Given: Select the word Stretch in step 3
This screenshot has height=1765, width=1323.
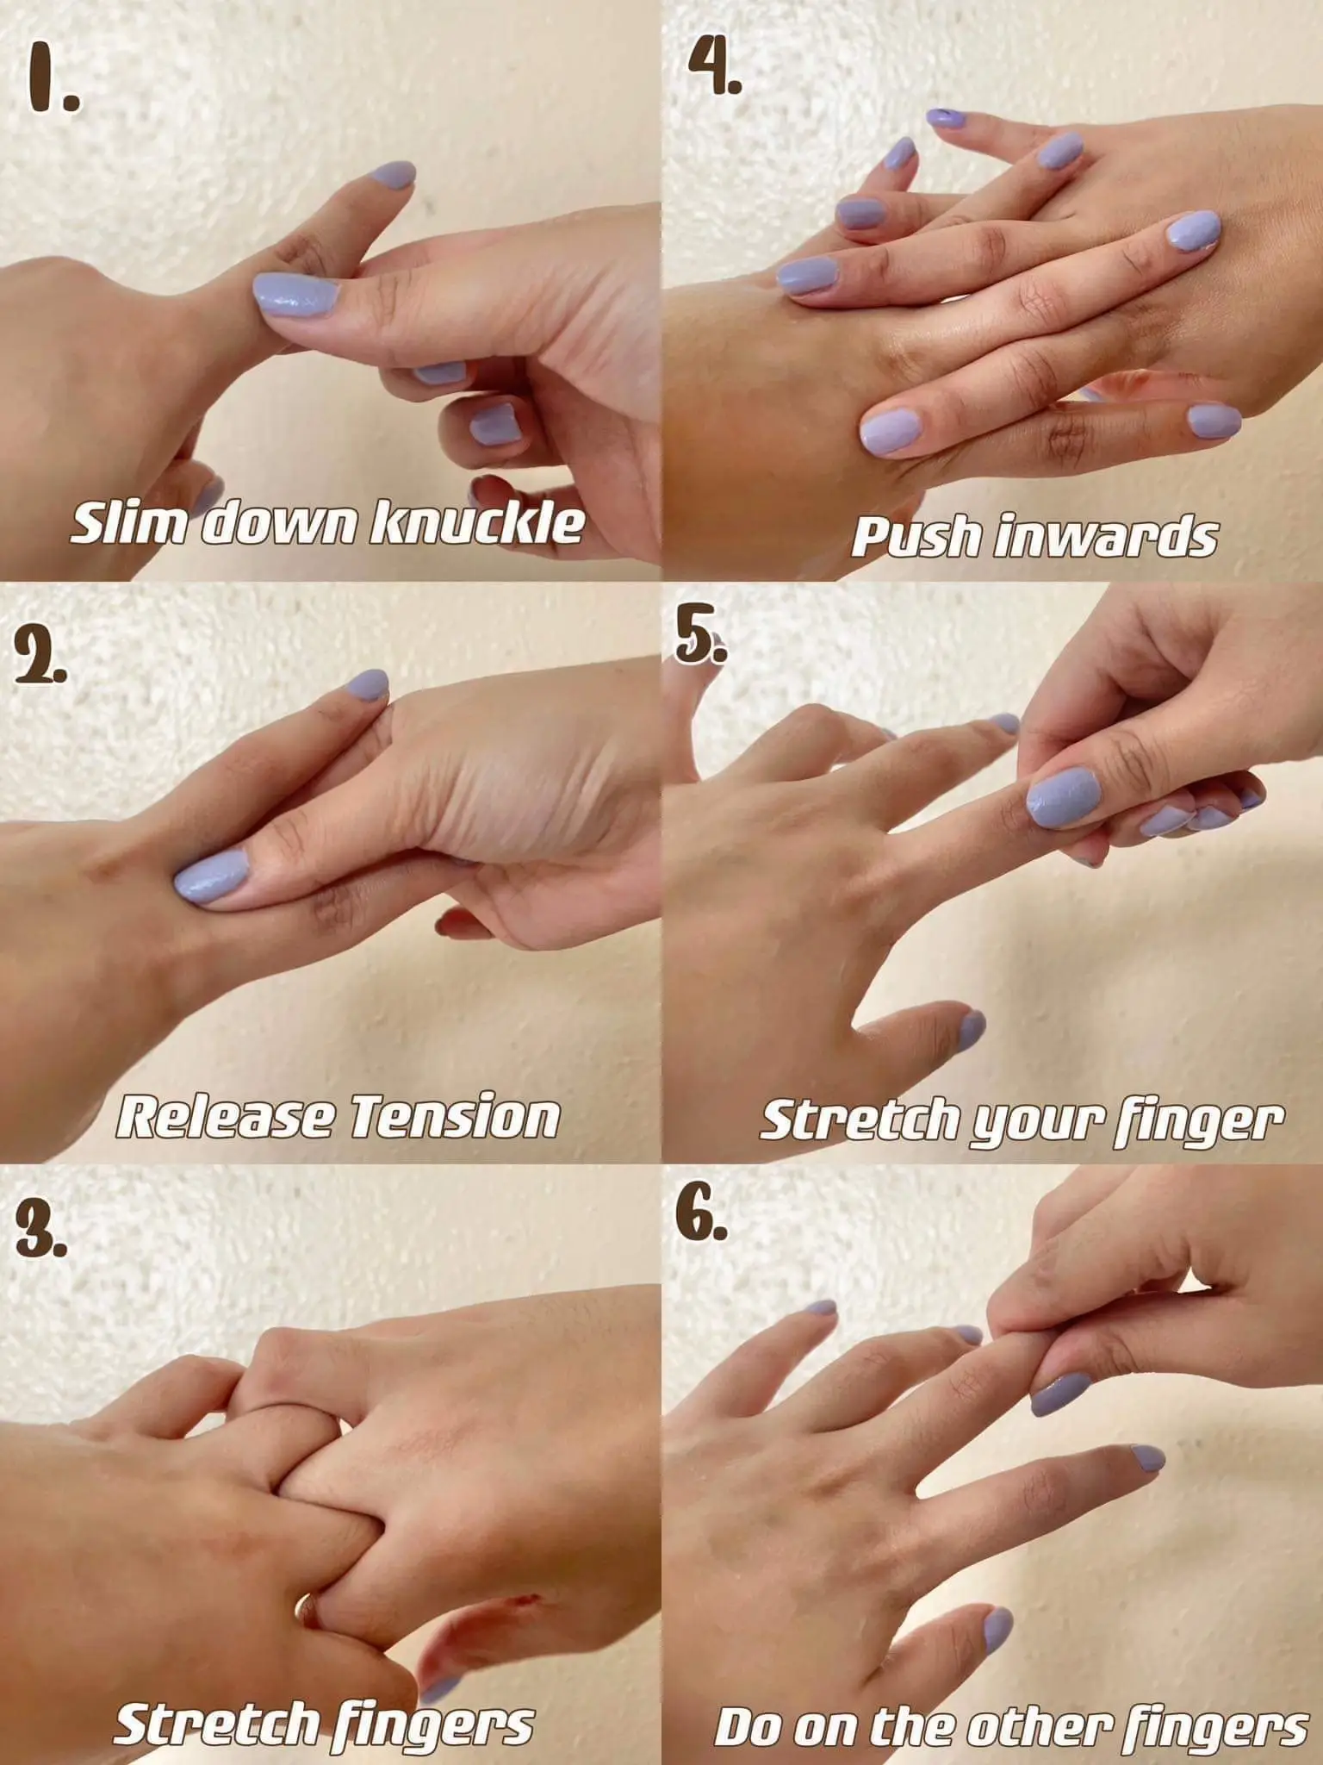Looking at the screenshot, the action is pos(215,1701).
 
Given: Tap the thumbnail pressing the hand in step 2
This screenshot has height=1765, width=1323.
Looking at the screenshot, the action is pos(214,877).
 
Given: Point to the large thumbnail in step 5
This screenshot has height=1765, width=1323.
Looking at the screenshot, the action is pos(1065,798).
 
